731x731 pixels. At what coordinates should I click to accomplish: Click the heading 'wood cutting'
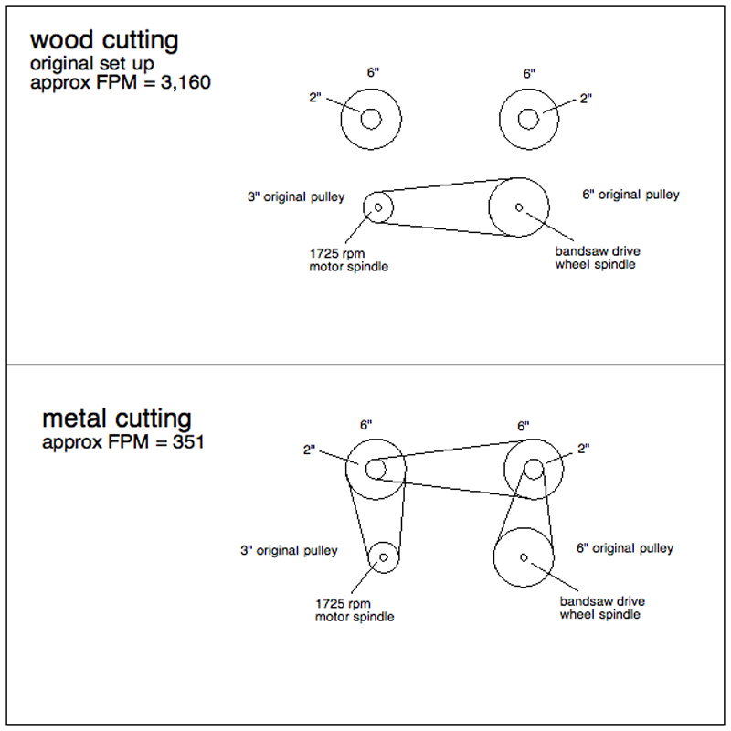tap(104, 41)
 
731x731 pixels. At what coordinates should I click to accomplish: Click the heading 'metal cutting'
tap(117, 419)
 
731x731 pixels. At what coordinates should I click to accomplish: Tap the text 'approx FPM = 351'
tap(122, 443)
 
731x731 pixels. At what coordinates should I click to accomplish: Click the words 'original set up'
tap(91, 63)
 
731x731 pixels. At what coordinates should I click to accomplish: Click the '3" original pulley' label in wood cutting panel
tap(296, 196)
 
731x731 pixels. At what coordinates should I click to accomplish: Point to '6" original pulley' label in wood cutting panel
tap(630, 195)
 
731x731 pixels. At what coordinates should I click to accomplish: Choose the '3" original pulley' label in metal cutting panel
tap(289, 551)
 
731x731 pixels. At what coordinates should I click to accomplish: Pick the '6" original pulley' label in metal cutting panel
tap(625, 548)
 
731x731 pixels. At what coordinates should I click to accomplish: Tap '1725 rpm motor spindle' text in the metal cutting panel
tap(355, 610)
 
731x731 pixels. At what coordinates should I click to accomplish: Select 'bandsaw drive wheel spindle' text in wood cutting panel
tap(595, 258)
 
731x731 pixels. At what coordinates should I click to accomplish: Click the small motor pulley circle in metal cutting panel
tap(383, 556)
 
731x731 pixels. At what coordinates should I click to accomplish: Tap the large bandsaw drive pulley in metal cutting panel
tap(524, 556)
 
